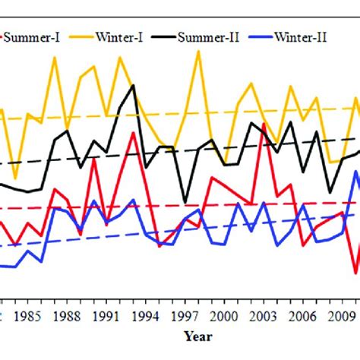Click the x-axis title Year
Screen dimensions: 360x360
click(x=197, y=336)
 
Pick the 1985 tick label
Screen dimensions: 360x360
click(x=27, y=314)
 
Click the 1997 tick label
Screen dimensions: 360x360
click(x=185, y=314)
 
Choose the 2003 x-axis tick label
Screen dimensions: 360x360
click(x=264, y=314)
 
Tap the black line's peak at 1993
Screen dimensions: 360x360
click(x=134, y=85)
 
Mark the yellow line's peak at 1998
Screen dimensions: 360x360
click(x=199, y=51)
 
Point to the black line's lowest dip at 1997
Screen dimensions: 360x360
click(x=185, y=202)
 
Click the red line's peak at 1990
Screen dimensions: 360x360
click(x=94, y=159)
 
